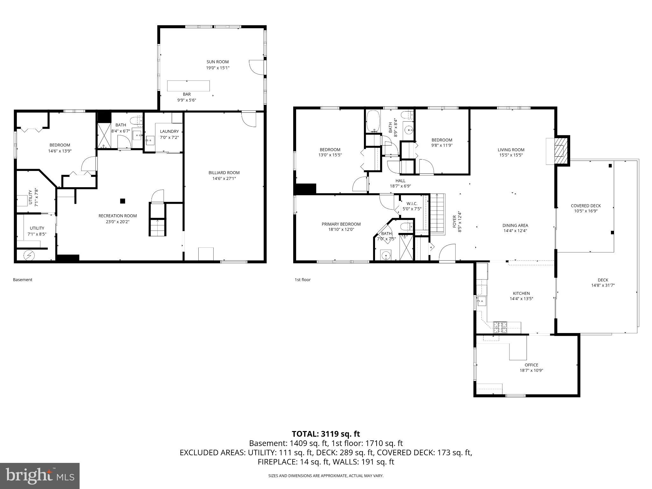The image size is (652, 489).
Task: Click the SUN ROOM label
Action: coord(217,62)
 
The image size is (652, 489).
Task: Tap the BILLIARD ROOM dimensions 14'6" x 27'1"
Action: coord(224,179)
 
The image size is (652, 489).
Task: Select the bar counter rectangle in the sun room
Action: coord(188,86)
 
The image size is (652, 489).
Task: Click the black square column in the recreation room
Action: coord(123,201)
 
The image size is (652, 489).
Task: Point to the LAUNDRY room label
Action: coord(169,131)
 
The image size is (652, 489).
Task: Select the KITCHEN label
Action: coord(521,293)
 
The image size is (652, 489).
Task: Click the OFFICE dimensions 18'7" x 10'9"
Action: coord(531,370)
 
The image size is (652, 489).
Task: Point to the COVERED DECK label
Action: coord(586,206)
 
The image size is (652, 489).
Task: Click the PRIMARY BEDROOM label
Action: coord(341,224)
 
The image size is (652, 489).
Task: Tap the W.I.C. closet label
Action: coord(412,204)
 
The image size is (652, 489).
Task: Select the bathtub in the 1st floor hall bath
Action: coord(372,121)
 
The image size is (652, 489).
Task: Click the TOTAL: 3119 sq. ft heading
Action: coord(326,434)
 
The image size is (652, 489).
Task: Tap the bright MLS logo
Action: coord(40,476)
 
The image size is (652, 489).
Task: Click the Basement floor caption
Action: coord(23,280)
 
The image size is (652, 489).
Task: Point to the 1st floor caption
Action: coord(302,280)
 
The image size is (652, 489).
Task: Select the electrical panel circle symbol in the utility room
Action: coord(29,255)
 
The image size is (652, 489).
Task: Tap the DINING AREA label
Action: coord(515,225)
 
